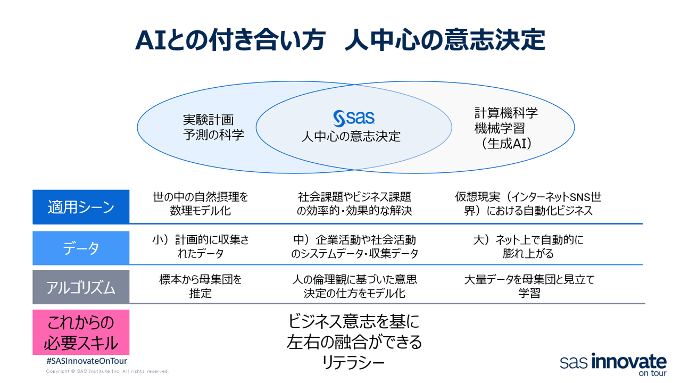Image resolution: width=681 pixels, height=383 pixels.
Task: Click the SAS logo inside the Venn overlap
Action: click(x=354, y=118)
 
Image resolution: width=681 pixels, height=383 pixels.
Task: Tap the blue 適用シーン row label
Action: click(x=81, y=207)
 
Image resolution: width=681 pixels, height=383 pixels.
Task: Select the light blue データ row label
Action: click(x=81, y=248)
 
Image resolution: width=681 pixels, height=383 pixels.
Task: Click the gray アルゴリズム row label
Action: click(x=81, y=287)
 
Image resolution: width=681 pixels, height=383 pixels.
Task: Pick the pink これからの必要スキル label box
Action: click(x=81, y=332)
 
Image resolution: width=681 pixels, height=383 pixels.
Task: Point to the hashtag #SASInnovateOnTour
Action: click(x=87, y=361)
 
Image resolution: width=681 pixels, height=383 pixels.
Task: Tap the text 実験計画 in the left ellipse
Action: click(x=208, y=120)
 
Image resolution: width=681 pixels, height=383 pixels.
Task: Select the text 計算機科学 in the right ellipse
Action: click(x=506, y=113)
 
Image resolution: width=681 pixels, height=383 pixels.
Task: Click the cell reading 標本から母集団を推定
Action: click(x=201, y=286)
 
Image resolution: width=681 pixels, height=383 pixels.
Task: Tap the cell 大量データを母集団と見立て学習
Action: click(x=529, y=286)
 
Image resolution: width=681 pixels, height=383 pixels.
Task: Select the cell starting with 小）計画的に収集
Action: click(x=201, y=247)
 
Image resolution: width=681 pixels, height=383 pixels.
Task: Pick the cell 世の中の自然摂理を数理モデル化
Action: click(x=201, y=204)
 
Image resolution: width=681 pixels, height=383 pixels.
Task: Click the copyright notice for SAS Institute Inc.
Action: click(x=107, y=371)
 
